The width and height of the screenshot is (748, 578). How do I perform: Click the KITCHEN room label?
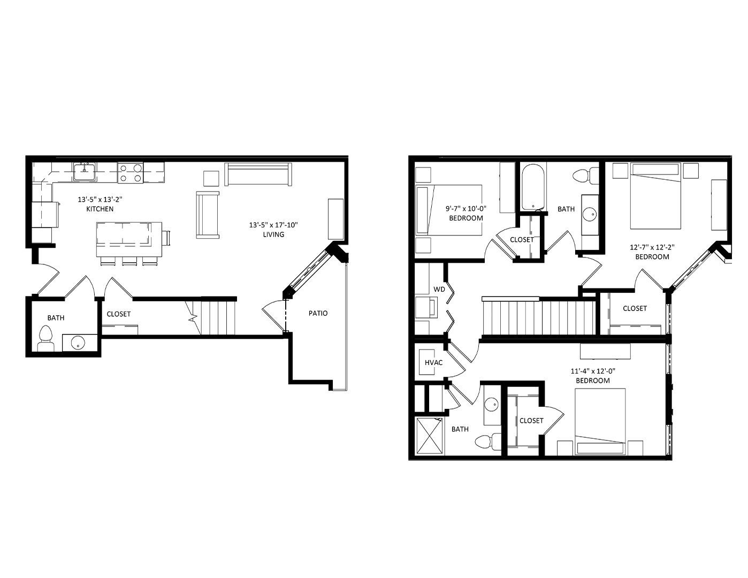point(100,209)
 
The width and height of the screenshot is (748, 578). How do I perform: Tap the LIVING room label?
point(273,234)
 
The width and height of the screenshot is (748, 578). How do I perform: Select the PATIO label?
point(318,313)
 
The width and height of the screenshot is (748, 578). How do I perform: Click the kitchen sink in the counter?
point(85,172)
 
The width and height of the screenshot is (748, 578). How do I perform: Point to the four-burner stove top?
point(131,173)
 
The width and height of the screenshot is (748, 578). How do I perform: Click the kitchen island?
point(129,239)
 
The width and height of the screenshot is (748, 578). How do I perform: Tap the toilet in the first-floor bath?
point(46,338)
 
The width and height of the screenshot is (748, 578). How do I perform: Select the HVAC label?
point(433,362)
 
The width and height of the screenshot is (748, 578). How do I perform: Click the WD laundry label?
point(439,289)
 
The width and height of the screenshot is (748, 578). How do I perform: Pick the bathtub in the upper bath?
point(533,187)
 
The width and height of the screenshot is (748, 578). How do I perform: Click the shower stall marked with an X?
point(429,436)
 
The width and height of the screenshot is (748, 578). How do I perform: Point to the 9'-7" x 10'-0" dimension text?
point(465,208)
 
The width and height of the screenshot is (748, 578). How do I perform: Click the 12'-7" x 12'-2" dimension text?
point(652,247)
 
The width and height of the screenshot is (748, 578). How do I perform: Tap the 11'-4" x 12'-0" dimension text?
point(593,371)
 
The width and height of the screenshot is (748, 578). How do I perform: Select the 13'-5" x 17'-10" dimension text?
point(273,225)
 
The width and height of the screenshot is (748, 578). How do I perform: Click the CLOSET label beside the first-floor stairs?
point(118,314)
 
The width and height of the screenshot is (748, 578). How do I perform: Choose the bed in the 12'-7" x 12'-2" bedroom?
point(655,195)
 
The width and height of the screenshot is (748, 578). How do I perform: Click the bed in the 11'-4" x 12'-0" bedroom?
point(600,421)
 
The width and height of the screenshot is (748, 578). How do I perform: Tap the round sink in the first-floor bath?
point(78,343)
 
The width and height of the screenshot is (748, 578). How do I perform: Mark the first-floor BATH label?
point(56,318)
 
